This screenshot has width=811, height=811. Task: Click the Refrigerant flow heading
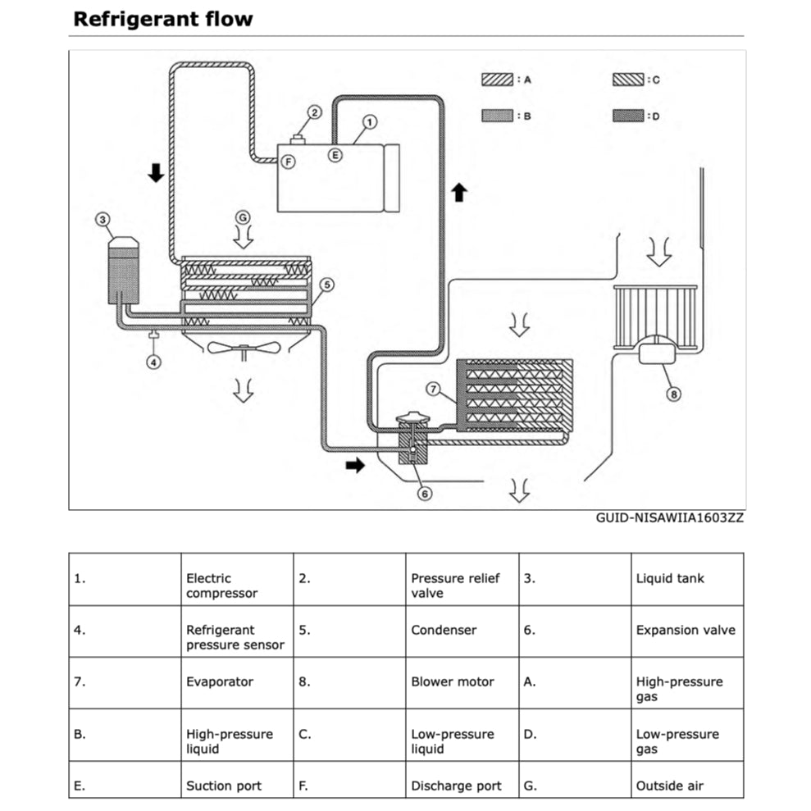(162, 19)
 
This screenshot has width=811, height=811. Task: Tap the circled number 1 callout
(369, 122)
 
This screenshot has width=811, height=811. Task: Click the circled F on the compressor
(289, 162)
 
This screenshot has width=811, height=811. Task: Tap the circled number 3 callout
(102, 219)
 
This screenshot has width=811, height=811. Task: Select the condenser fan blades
(244, 348)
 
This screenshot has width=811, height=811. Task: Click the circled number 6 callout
(424, 493)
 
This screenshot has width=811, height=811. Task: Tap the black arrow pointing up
(459, 193)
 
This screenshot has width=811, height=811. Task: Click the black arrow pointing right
(354, 465)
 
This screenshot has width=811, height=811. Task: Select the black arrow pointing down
(156, 172)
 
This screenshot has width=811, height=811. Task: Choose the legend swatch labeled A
(497, 80)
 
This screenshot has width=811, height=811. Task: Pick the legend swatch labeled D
(627, 116)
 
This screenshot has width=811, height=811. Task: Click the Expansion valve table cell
(686, 631)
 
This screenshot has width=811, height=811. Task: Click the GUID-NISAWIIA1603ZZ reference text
(669, 518)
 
